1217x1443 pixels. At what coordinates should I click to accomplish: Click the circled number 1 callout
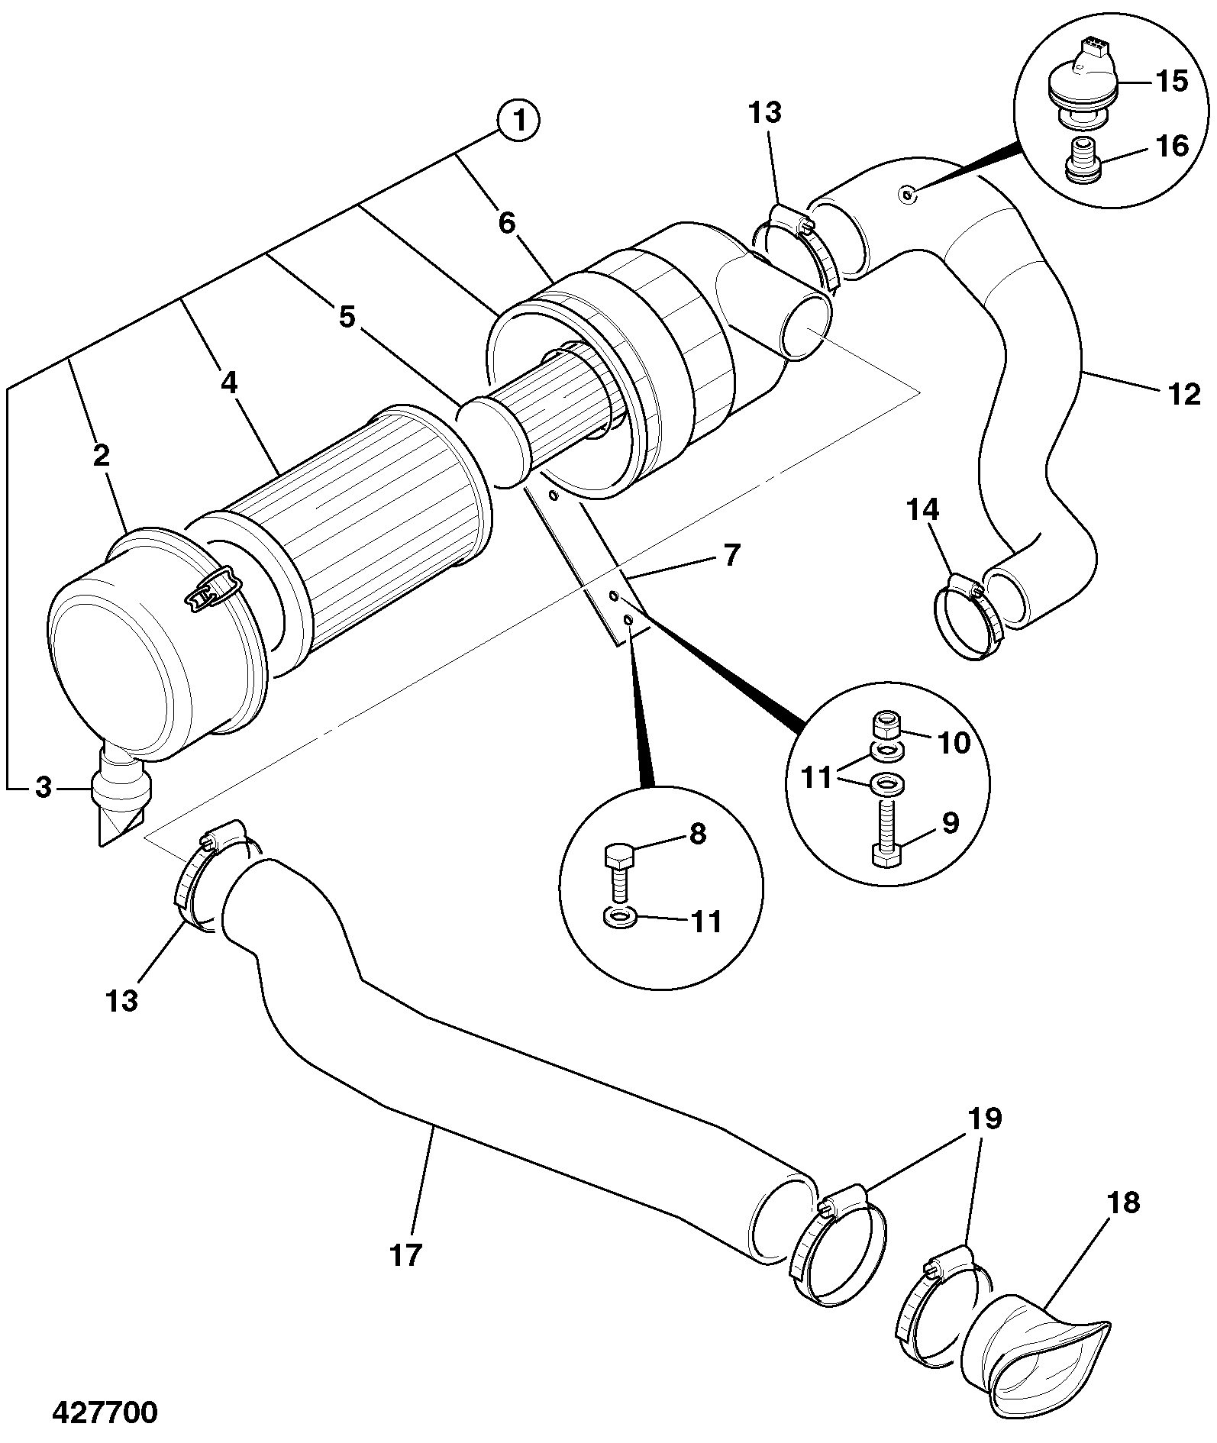pyautogui.click(x=518, y=121)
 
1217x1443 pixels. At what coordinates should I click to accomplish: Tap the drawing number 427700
pyautogui.click(x=105, y=1412)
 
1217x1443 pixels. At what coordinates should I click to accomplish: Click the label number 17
pyautogui.click(x=405, y=1254)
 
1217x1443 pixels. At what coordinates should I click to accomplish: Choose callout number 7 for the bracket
pyautogui.click(x=731, y=555)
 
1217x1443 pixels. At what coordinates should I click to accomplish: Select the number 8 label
pyautogui.click(x=698, y=834)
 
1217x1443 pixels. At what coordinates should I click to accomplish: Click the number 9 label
pyautogui.click(x=950, y=823)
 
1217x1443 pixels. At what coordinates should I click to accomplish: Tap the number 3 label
pyautogui.click(x=44, y=787)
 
